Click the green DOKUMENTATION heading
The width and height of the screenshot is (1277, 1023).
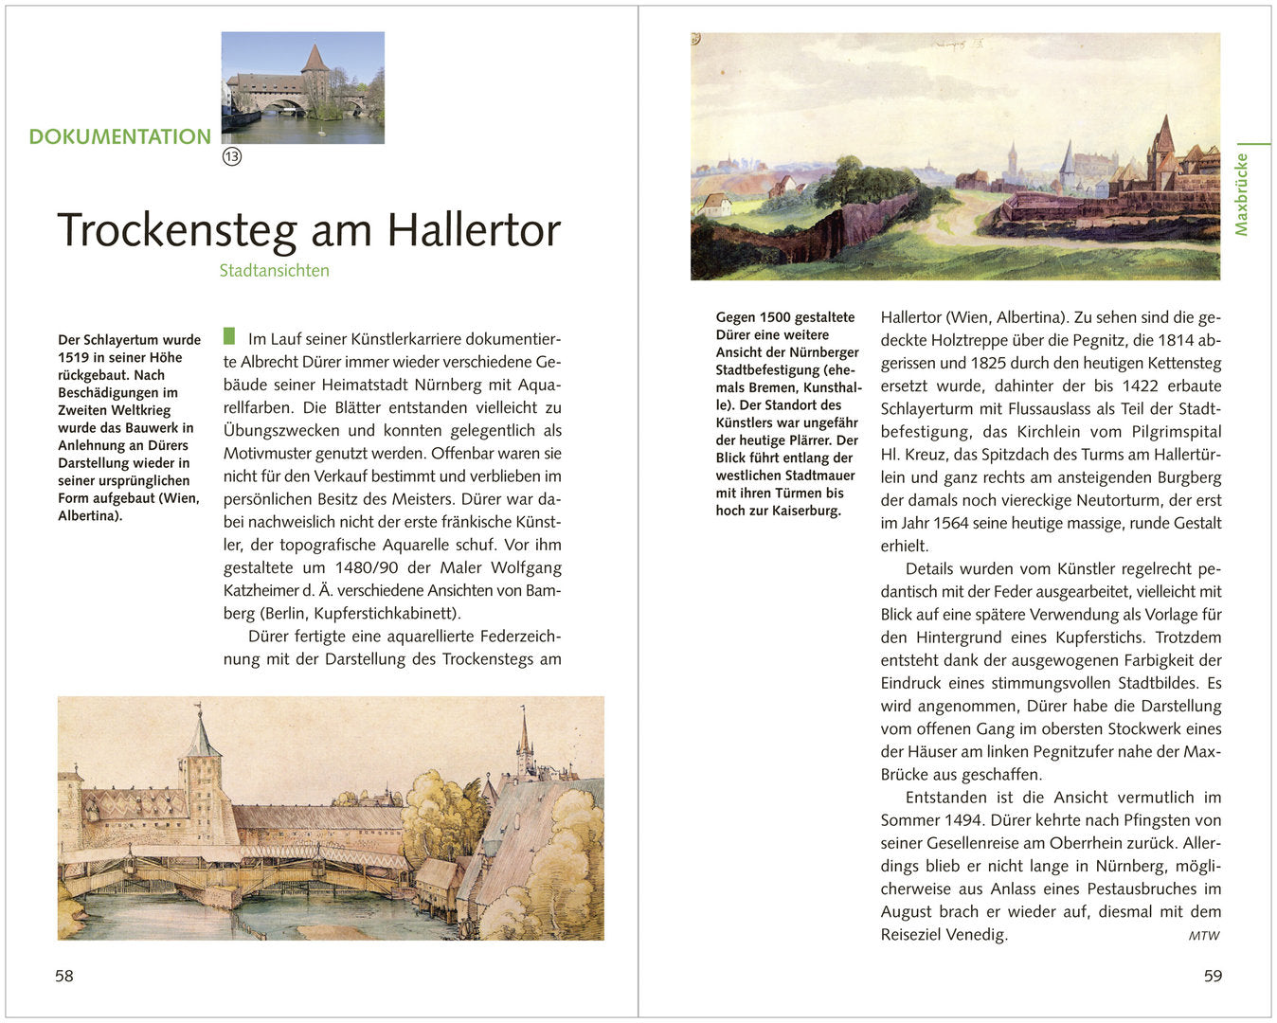(119, 136)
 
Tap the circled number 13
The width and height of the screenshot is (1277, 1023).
(232, 156)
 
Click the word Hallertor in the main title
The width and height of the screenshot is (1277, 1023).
(474, 230)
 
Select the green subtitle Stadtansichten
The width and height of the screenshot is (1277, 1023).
(274, 271)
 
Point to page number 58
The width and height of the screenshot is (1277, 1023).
(63, 976)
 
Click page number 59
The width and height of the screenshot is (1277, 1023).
(1213, 976)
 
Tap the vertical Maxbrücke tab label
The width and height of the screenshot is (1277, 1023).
(1241, 194)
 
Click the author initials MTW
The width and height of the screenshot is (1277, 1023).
(1204, 936)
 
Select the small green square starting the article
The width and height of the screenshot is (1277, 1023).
(229, 336)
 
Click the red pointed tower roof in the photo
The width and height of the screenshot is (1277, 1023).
(315, 59)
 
